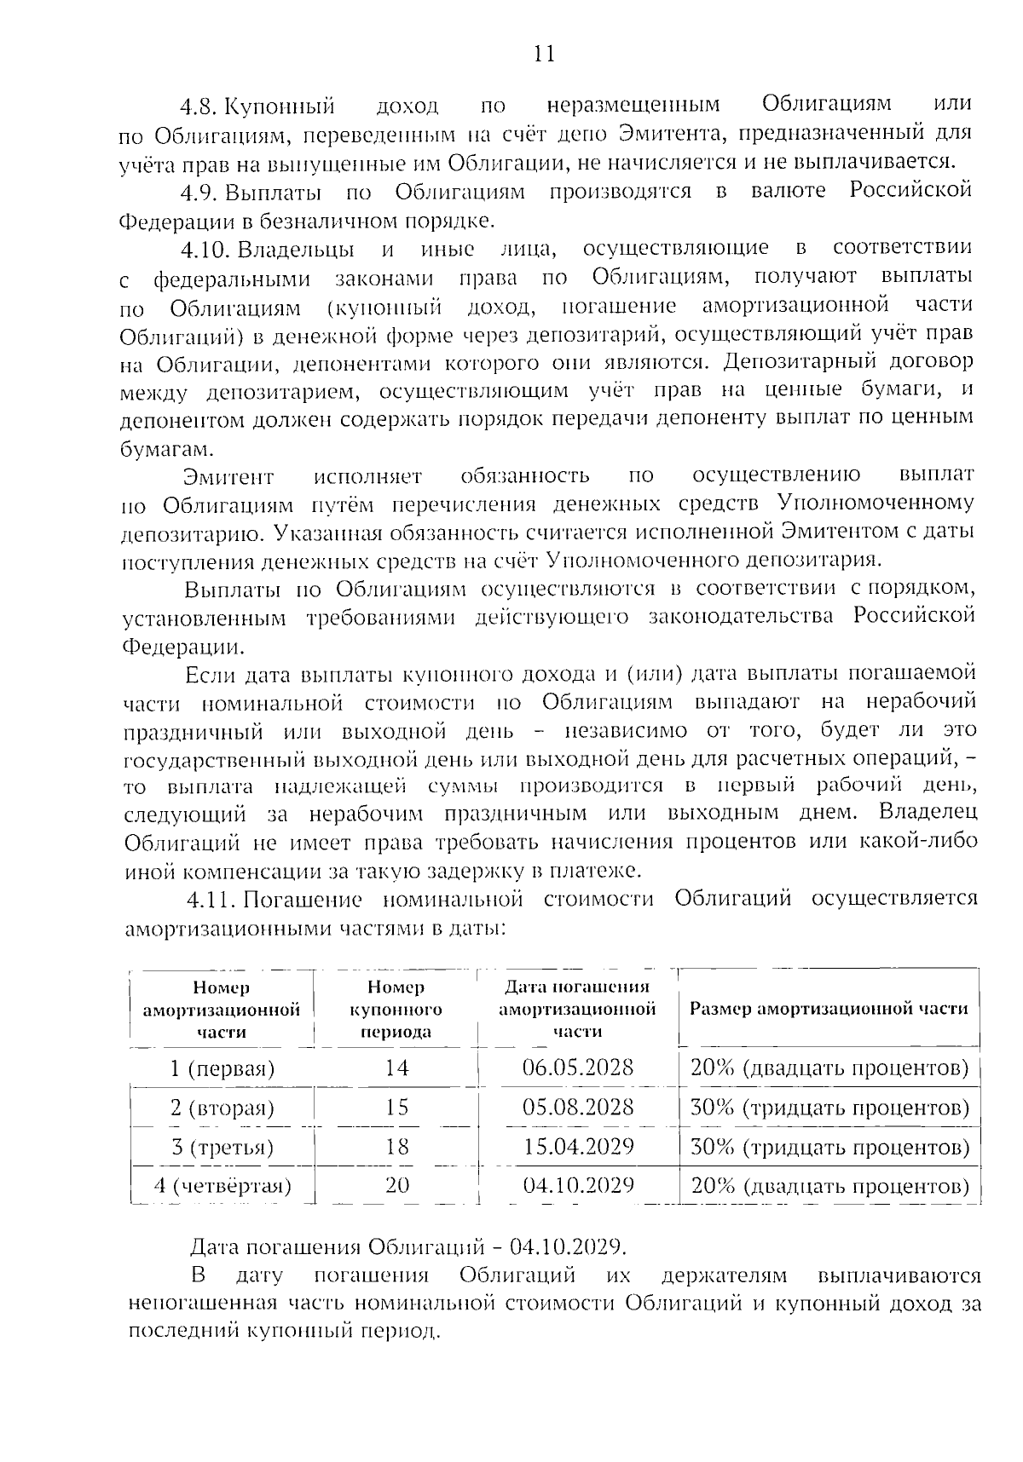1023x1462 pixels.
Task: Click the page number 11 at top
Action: (x=543, y=55)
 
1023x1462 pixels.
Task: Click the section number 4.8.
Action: (x=199, y=106)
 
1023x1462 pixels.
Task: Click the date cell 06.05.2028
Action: (x=578, y=1068)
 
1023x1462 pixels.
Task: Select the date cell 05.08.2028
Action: (x=578, y=1107)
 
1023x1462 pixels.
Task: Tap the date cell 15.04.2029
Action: (x=578, y=1146)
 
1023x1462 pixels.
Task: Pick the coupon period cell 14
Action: (x=396, y=1068)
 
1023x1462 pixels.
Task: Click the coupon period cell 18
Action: (x=396, y=1146)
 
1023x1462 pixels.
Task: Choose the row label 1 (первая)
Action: (x=223, y=1068)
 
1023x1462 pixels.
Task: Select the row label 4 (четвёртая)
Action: (x=223, y=1185)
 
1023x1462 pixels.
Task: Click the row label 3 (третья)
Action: (x=223, y=1147)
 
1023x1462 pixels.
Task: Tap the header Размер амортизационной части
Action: (x=828, y=1009)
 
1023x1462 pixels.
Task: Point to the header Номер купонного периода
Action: (x=396, y=1009)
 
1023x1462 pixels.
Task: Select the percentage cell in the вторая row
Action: (x=829, y=1108)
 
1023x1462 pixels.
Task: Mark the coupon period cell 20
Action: (x=396, y=1185)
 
